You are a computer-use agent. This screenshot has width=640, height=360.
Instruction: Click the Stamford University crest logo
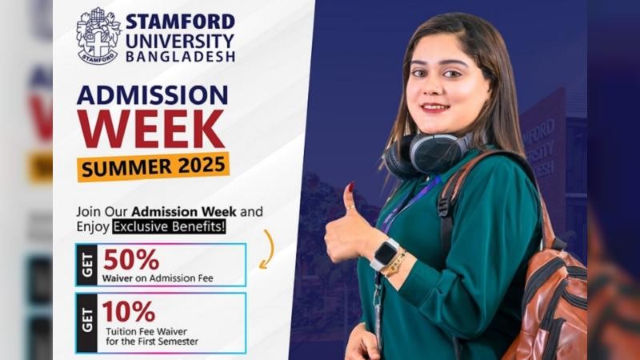click(98, 36)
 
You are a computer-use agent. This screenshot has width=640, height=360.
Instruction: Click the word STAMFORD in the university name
click(181, 22)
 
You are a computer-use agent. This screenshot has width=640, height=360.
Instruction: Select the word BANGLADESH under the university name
click(181, 57)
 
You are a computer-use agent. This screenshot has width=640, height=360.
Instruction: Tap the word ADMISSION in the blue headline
click(152, 95)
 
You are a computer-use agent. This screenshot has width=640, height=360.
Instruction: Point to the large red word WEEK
click(151, 129)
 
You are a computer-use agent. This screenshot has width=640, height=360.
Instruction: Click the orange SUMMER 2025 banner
click(153, 166)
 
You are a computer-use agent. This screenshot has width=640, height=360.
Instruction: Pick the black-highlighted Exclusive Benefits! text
click(169, 226)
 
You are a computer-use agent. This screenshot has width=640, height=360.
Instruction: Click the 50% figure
click(131, 259)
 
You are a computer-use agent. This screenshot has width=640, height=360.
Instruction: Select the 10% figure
click(129, 311)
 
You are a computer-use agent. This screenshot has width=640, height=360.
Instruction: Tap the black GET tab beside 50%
click(87, 265)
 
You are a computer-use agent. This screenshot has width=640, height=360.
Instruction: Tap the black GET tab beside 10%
click(87, 323)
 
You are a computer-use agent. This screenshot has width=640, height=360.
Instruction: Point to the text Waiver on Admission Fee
click(158, 278)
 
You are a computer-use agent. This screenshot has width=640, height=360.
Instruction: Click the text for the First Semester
click(152, 342)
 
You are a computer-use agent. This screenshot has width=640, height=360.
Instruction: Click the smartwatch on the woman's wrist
click(384, 254)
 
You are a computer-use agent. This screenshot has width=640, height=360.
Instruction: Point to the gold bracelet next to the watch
click(395, 264)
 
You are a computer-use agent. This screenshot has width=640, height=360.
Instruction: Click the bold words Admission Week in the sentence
click(184, 212)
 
